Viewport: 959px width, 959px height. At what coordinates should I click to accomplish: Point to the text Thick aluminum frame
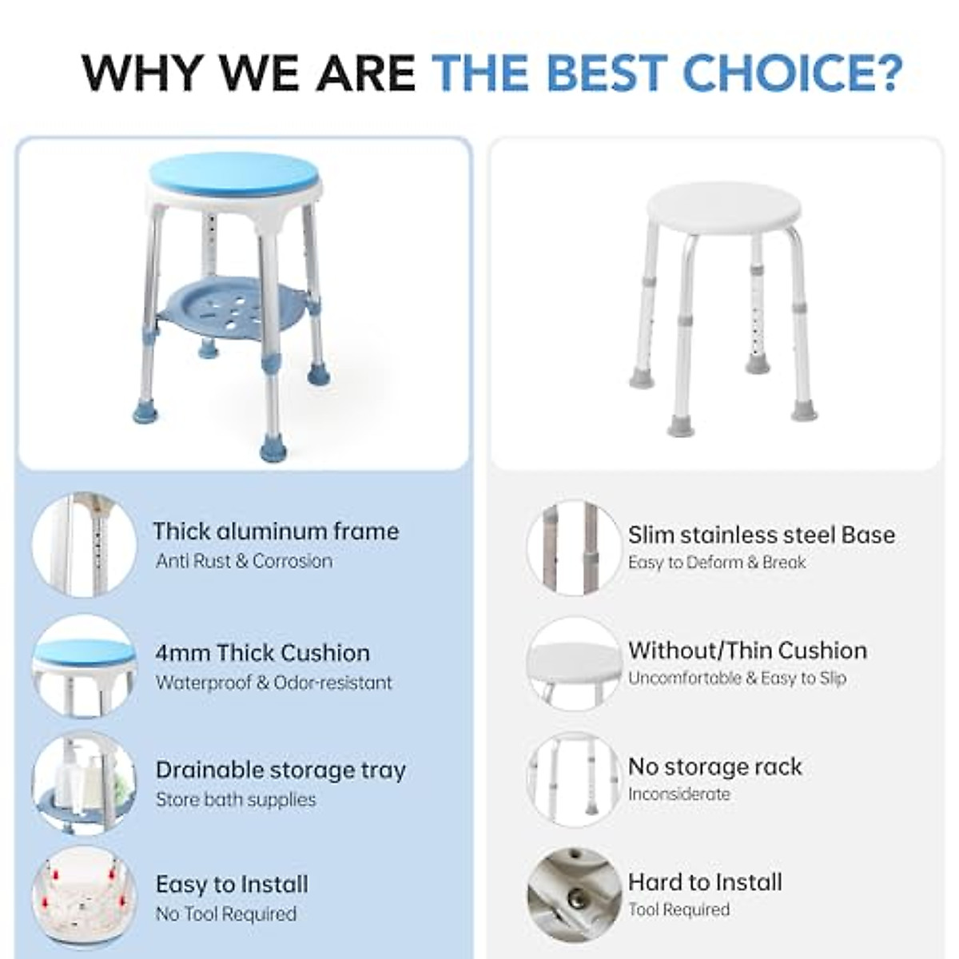click(276, 531)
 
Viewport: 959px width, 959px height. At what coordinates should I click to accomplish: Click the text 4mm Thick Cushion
click(262, 653)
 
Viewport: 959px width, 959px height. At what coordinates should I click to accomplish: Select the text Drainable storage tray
click(281, 770)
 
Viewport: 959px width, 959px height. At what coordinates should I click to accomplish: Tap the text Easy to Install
click(232, 885)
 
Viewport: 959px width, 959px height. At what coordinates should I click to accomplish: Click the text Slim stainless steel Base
click(761, 535)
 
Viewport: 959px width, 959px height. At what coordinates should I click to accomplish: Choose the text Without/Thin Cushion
click(747, 651)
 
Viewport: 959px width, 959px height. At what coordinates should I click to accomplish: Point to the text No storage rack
click(714, 767)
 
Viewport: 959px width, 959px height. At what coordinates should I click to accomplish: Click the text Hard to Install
click(705, 882)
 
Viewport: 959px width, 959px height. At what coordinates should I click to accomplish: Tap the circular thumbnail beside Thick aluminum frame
click(84, 545)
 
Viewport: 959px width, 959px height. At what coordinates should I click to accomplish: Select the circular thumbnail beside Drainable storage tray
click(84, 782)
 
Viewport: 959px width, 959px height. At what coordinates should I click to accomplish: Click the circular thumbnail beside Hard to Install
click(574, 893)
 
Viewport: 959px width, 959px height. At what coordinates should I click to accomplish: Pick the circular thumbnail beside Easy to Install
click(84, 897)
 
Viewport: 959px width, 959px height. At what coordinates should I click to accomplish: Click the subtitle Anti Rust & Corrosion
click(244, 561)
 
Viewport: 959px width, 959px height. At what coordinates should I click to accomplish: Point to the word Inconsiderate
click(678, 794)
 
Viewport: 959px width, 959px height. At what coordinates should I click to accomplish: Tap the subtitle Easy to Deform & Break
click(716, 563)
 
